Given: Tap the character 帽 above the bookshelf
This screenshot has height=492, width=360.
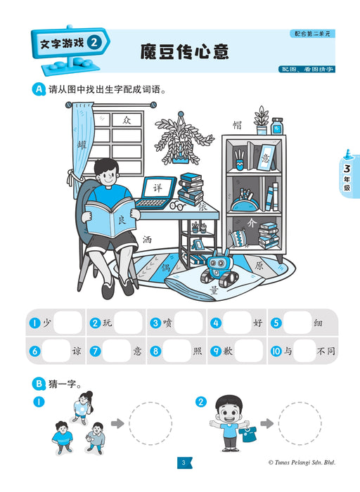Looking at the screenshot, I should click(237, 125).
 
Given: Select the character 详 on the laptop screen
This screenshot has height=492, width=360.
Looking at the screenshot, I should click(158, 189).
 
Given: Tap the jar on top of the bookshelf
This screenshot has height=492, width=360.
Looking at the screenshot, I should click(277, 126).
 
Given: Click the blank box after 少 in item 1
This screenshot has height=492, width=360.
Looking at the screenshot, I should click(68, 323).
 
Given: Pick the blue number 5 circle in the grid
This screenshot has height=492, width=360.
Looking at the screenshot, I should click(276, 323).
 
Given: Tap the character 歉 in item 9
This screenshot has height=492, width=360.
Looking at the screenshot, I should click(229, 350).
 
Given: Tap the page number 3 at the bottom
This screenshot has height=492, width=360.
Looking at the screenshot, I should click(182, 462).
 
